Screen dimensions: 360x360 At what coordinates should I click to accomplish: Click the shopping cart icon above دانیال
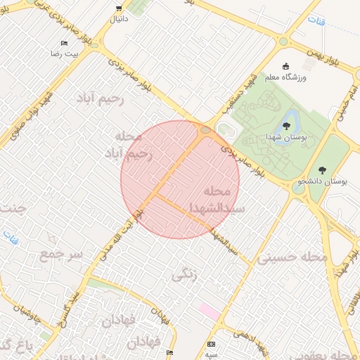tap(117, 9)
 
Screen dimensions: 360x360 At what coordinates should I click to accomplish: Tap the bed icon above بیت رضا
tap(64, 44)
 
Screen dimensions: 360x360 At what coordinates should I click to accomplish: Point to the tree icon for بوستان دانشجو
tap(322, 169)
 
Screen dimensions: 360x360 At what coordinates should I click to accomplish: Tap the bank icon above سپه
tap(211, 345)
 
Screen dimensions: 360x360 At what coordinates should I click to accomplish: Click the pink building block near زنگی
tap(209, 309)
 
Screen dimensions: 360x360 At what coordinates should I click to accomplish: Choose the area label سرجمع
tap(62, 252)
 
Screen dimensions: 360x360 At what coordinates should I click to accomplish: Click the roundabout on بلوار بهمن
tap(283, 41)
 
